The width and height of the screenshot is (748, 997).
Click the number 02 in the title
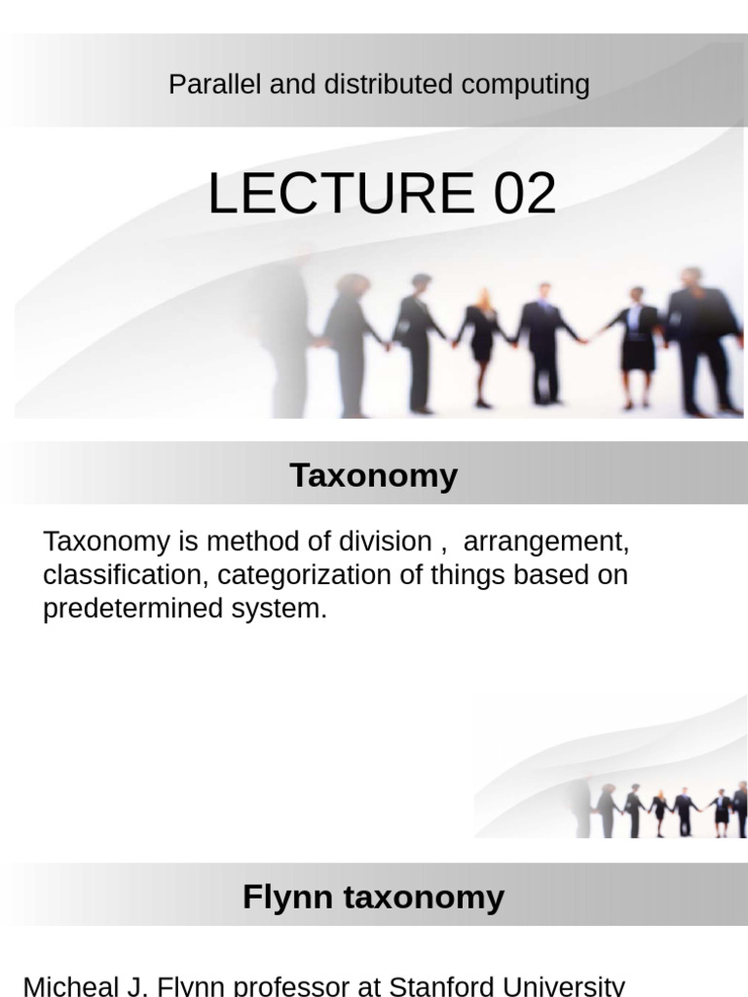coord(525,193)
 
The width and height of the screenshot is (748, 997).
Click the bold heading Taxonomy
coord(373,476)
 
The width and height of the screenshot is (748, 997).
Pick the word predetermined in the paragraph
coord(134,609)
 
